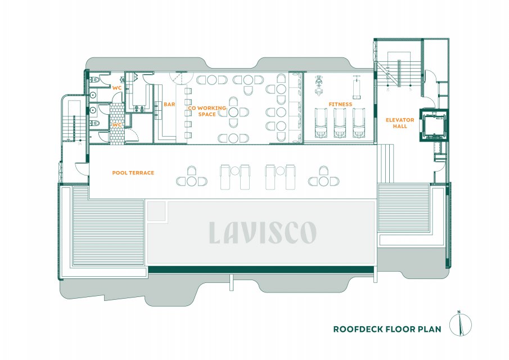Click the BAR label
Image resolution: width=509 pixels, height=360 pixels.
pos(169,104)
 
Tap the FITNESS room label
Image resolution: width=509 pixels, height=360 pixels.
pos(340,104)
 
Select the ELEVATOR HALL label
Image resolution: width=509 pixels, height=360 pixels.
pos(400,123)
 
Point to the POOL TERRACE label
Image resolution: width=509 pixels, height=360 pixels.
pos(133,173)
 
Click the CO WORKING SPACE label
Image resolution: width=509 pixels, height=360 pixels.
pos(207,111)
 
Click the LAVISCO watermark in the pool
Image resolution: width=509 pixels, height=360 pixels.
pos(263,232)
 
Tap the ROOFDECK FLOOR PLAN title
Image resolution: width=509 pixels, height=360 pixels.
pos(388,329)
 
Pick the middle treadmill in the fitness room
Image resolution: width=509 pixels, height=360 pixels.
pos(340,123)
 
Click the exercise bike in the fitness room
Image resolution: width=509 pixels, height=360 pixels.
pos(319,85)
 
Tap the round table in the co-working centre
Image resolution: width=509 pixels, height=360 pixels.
pos(233,112)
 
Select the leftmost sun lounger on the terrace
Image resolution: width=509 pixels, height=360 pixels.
pos(225,177)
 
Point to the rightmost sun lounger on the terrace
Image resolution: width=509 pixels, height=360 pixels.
pos(291,177)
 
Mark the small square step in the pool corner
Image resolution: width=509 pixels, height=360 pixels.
pos(156,211)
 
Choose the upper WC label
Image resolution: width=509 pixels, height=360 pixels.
pos(117,88)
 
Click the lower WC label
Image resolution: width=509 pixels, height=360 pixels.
pos(117,125)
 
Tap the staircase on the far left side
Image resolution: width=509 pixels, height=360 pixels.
pos(73,121)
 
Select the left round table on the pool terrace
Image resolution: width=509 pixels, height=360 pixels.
pos(192,181)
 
